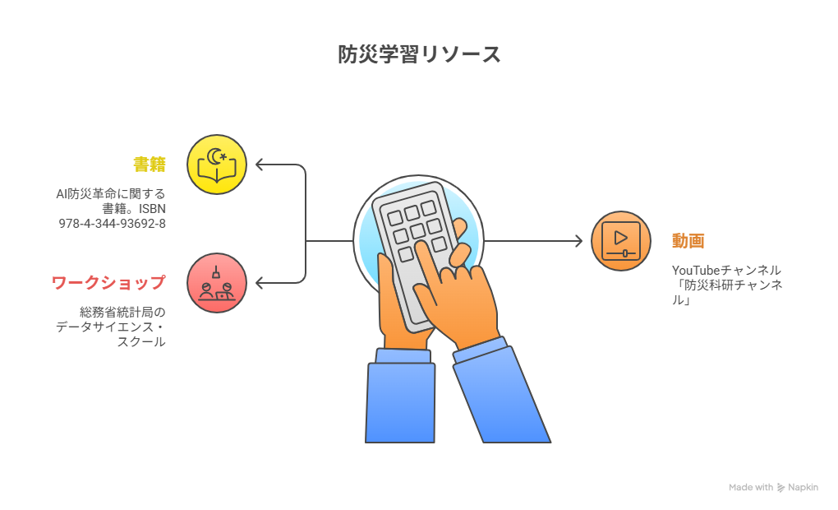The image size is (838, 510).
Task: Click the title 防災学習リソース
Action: point(419,54)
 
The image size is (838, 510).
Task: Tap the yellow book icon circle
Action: point(217,165)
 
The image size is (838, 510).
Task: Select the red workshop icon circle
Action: point(217,283)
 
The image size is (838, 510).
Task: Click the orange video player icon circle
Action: point(621,241)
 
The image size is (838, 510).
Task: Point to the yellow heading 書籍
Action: point(150,165)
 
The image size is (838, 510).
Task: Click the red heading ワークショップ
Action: point(108,283)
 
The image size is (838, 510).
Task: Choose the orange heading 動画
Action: point(688,241)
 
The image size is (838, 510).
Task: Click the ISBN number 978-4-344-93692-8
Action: point(113,224)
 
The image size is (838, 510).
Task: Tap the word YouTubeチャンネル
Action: point(726,271)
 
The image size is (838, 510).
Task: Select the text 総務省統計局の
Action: point(122,312)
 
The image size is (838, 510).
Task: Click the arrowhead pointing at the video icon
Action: point(579,241)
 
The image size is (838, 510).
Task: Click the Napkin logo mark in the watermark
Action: point(780,488)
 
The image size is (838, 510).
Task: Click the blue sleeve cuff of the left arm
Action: point(403,356)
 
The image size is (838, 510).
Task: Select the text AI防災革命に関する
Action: point(111,194)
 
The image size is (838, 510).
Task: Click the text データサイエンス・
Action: point(111,327)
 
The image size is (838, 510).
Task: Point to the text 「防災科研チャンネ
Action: point(727,285)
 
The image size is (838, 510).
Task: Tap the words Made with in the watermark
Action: point(751,488)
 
